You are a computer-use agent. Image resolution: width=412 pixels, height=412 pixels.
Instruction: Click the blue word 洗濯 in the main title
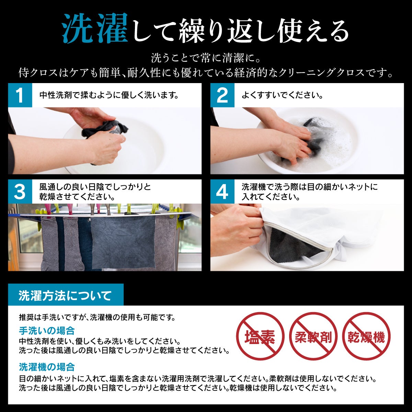95,28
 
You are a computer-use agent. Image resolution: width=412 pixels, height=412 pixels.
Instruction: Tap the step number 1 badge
20,95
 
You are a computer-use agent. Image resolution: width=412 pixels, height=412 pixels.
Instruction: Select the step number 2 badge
222,95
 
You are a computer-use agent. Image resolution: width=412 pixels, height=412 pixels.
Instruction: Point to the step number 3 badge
20,192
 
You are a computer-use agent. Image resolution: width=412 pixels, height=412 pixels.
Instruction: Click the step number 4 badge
222,192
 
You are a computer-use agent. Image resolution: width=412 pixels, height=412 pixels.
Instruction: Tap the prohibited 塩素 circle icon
260,337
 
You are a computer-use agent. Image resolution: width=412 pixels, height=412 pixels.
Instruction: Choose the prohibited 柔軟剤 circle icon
313,337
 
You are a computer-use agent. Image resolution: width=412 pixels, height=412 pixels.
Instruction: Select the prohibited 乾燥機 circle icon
366,337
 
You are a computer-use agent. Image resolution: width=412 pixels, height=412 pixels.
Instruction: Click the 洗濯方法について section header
66,295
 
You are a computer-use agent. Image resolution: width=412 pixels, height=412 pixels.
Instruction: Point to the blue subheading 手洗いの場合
47,331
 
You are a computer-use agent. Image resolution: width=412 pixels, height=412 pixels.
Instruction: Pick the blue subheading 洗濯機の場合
47,367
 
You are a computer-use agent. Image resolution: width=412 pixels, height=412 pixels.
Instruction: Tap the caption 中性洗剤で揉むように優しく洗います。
109,95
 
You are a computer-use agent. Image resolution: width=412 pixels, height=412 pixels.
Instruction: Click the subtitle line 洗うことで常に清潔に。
206,58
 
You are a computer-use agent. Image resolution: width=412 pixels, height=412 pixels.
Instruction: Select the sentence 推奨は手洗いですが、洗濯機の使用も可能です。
97,318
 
